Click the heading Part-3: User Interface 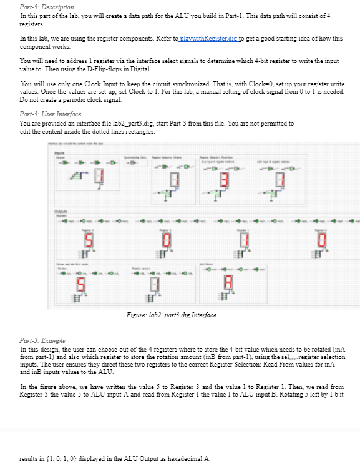click(51, 115)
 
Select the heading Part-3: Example click(42, 340)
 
